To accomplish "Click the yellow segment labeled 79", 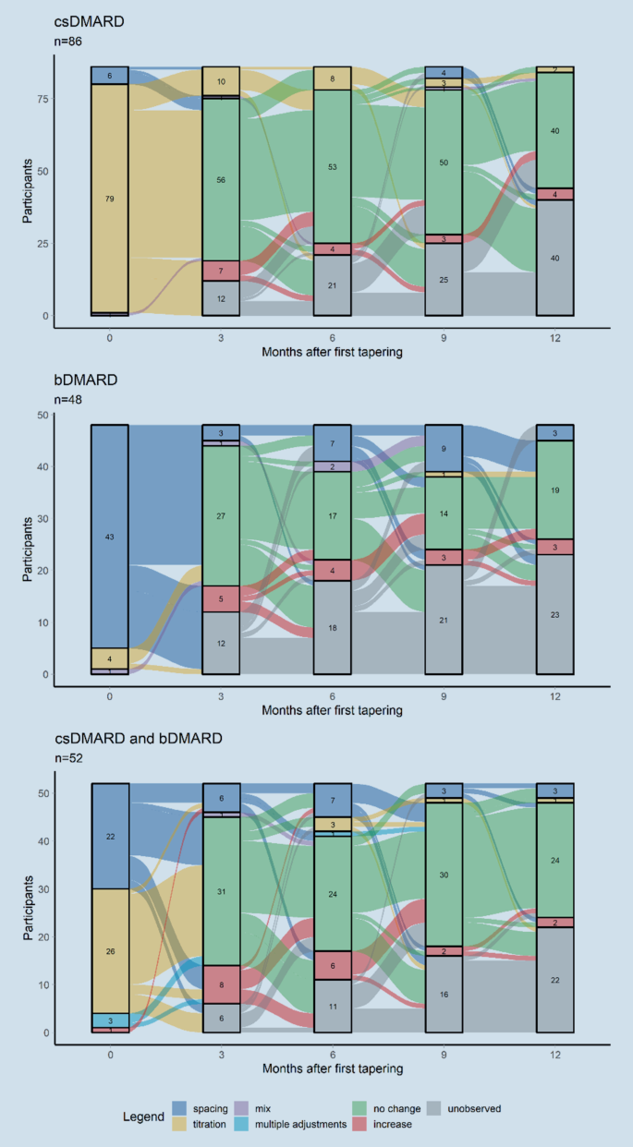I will coord(110,199).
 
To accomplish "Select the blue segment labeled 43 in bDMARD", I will coord(110,537).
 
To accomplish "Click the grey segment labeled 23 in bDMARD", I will coord(555,614).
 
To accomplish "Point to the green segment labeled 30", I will coord(444,875).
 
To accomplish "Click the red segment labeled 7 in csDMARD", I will coord(221,270).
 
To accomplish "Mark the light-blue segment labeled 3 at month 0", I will coord(110,1020).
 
